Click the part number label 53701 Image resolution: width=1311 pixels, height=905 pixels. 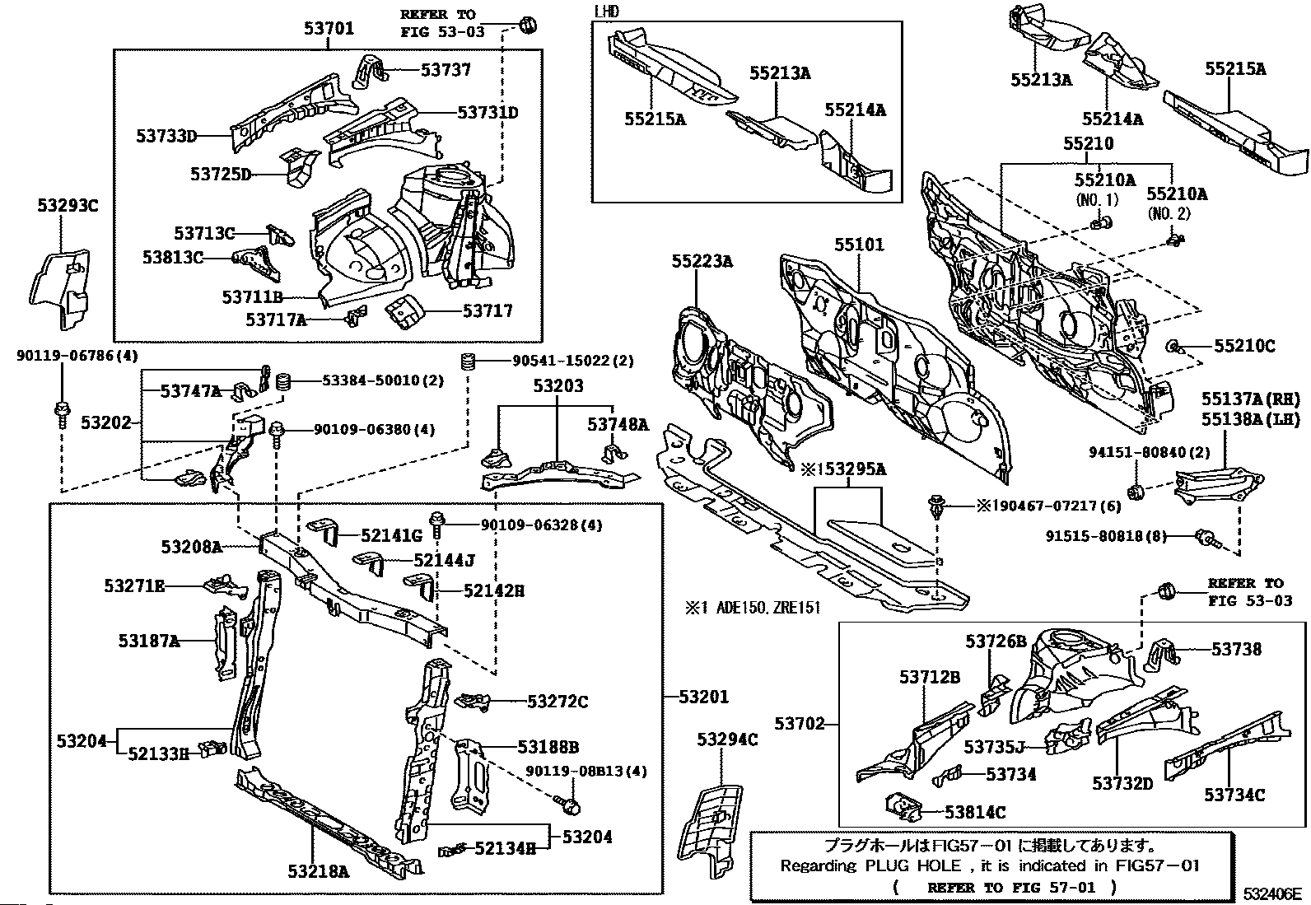tap(329, 27)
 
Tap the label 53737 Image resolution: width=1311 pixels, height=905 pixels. tap(446, 70)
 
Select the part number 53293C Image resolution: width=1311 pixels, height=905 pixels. tap(68, 206)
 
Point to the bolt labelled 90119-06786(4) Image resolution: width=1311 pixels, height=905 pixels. tap(61, 414)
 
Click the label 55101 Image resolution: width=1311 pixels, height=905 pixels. tap(859, 244)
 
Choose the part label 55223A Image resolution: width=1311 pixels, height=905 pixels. tap(702, 261)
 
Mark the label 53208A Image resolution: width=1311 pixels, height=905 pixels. tap(191, 547)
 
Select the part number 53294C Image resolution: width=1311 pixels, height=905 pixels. tap(727, 740)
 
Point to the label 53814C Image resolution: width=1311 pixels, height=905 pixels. tap(975, 813)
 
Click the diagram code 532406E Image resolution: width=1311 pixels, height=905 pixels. tap(1272, 893)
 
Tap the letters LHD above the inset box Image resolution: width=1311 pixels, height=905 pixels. tap(606, 12)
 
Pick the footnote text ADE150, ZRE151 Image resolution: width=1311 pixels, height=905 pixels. tap(767, 608)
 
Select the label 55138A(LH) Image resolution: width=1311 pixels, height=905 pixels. tap(1251, 419)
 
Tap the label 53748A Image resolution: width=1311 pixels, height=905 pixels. tap(618, 424)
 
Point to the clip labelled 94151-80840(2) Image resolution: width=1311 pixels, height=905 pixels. tap(1135, 492)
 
